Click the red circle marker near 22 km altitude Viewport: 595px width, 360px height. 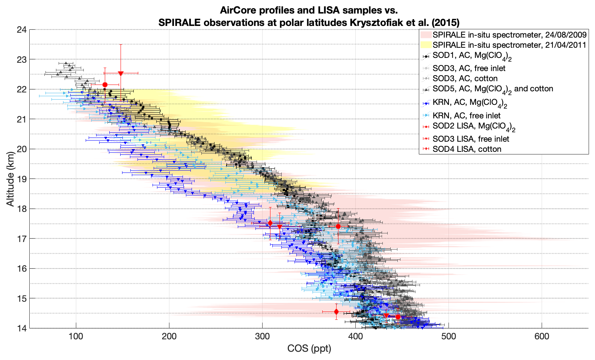click(105, 85)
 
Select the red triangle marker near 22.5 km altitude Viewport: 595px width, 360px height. click(121, 73)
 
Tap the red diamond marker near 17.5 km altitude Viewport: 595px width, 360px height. click(270, 223)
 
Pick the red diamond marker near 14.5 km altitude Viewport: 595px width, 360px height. click(336, 312)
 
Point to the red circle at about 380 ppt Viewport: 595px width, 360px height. click(338, 226)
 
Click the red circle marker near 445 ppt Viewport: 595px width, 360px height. click(398, 317)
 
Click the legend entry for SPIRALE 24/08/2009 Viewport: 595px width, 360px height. click(509, 35)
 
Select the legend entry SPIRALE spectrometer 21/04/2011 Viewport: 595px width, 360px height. click(509, 45)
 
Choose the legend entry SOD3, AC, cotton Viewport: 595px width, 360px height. click(465, 79)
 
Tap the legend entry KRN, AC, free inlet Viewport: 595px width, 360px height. click(466, 116)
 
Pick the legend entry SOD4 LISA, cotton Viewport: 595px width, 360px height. click(467, 149)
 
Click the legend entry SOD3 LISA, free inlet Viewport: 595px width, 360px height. click(471, 139)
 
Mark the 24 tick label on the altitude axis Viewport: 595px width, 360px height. click(21, 29)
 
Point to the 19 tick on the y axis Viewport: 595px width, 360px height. click(21, 178)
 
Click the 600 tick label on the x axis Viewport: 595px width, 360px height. click(542, 336)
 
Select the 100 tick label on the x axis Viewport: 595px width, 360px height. click(76, 336)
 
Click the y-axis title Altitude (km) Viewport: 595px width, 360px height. click(10, 178)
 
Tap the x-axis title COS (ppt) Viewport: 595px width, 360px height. click(309, 349)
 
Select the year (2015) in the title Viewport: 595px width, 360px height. click(445, 23)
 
